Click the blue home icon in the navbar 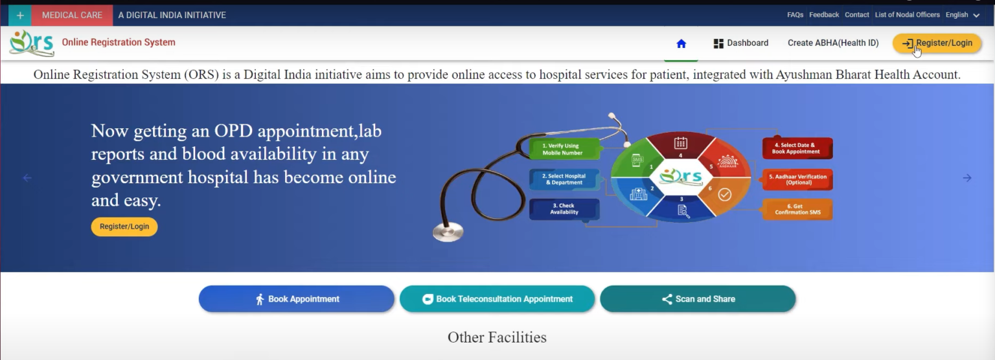pos(681,43)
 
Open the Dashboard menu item pos(740,43)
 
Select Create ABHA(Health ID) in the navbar pos(833,43)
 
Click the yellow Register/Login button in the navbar pos(937,43)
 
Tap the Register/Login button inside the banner pos(124,227)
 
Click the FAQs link pos(795,15)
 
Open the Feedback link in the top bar pos(824,15)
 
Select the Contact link pos(857,15)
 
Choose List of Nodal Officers pos(907,15)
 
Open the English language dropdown pos(962,15)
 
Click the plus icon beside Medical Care pos(20,15)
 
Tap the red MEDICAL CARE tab pos(72,15)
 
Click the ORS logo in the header pos(32,43)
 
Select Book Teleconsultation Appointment pos(497,299)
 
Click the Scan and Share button pos(698,299)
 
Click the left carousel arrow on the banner pos(27,178)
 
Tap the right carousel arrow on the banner pos(966,178)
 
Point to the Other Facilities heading pos(497,337)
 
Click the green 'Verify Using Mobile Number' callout pos(564,150)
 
